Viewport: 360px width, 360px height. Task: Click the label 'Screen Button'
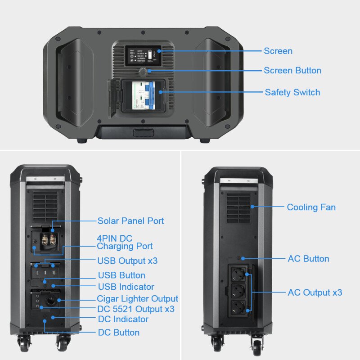click(x=292, y=71)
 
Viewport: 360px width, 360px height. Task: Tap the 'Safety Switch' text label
click(x=292, y=92)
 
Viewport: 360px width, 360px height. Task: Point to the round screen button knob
click(x=143, y=72)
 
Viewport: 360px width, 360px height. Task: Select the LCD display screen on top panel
click(x=143, y=56)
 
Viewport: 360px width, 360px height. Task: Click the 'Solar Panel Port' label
click(x=130, y=221)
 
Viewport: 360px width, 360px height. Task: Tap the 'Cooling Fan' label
click(x=311, y=207)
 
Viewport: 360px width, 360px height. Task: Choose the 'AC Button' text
click(x=308, y=259)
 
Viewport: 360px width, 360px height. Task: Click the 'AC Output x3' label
click(x=315, y=292)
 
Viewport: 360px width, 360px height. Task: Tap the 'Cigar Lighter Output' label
click(x=137, y=299)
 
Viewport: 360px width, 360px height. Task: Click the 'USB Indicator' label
click(x=126, y=287)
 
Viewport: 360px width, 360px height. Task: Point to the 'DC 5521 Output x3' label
click(x=136, y=309)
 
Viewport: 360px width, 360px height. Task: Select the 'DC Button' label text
click(x=119, y=333)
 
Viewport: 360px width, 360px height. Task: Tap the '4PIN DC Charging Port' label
click(x=125, y=242)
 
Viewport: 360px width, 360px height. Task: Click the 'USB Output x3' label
click(x=127, y=261)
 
